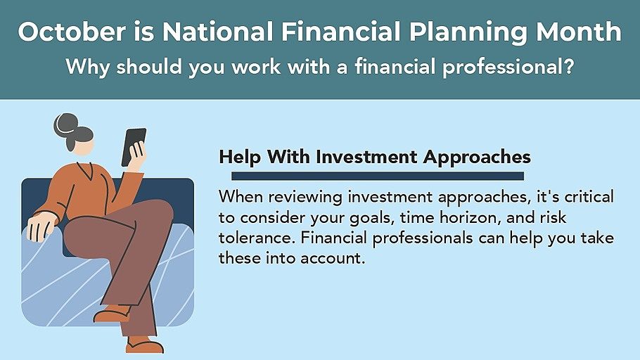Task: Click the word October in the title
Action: (72, 32)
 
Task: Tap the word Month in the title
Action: (579, 32)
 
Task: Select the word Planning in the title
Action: (468, 32)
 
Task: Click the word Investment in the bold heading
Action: (366, 157)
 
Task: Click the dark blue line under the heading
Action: (378, 176)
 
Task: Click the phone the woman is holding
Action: (133, 147)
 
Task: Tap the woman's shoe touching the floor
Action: (144, 345)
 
